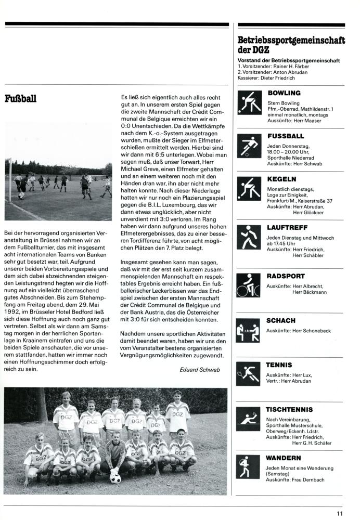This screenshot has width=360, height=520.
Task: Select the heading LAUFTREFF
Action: pos(287,227)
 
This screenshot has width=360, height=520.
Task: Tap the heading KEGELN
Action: pos(281,179)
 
